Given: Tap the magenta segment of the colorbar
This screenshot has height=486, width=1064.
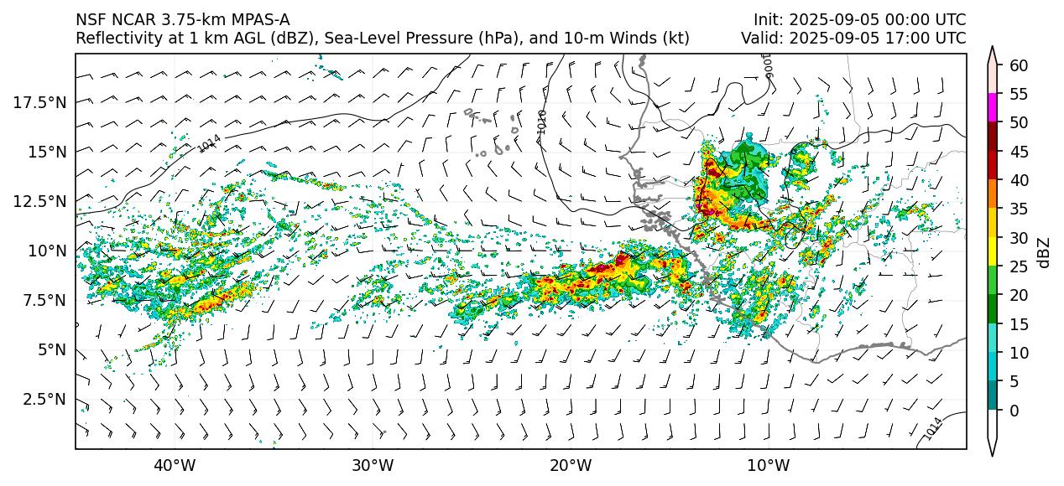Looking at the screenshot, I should pyautogui.click(x=993, y=108).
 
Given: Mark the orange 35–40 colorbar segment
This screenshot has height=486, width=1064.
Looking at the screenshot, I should pyautogui.click(x=993, y=194).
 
